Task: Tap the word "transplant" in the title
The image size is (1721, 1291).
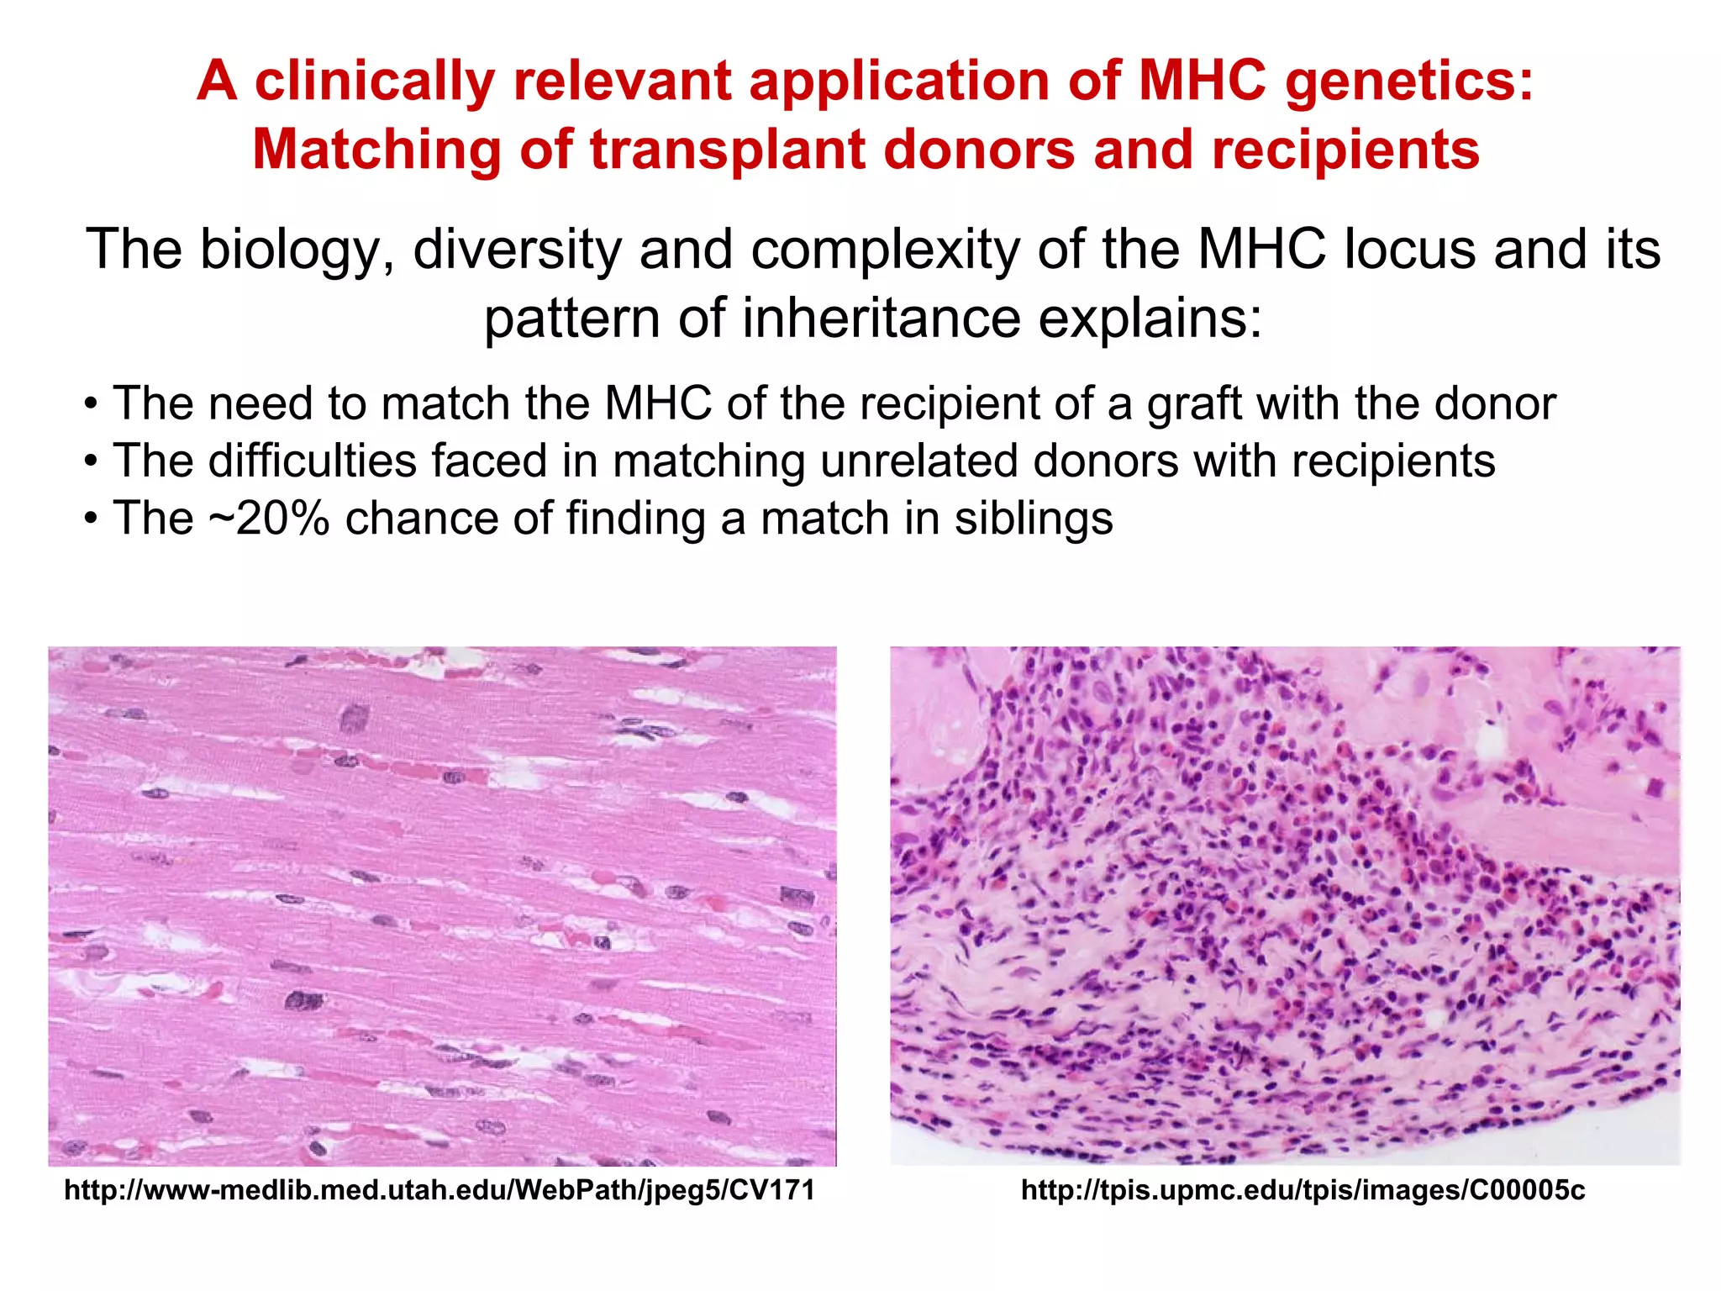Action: [726, 150]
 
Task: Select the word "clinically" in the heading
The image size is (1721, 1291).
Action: [375, 82]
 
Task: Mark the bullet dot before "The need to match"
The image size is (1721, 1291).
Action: [91, 405]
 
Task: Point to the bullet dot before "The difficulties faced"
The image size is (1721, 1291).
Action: [91, 462]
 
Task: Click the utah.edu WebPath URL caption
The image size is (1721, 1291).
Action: [439, 1190]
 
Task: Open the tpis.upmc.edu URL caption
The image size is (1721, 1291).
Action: [1303, 1190]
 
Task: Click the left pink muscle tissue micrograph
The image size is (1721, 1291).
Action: [442, 906]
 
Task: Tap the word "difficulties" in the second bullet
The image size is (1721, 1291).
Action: [313, 461]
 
